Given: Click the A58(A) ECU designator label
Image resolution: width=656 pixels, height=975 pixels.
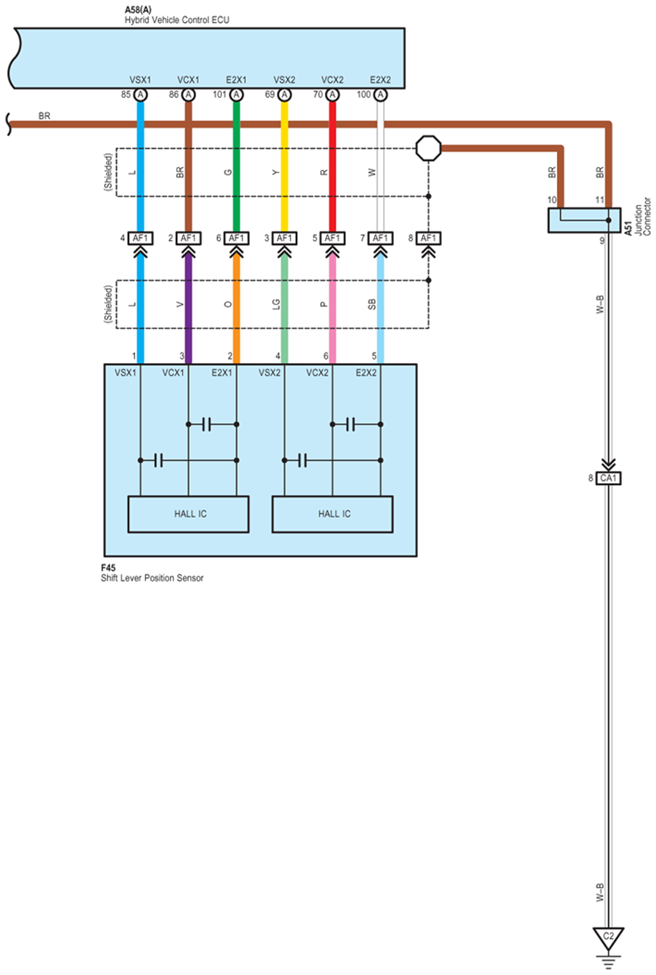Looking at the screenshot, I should (138, 10).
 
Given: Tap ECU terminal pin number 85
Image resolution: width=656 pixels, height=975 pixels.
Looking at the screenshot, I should (126, 94).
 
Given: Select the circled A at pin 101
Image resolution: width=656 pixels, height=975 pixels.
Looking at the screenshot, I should (237, 95).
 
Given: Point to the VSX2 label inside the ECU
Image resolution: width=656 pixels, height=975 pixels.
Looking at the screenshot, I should (284, 80).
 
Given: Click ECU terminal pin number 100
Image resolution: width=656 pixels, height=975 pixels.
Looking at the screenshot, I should (364, 94).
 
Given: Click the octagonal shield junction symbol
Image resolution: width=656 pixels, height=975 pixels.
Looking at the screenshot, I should (428, 148).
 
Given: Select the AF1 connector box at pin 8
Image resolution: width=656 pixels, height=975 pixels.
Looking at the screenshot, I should (428, 238).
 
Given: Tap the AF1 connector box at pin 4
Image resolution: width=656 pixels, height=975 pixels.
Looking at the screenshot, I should (140, 238).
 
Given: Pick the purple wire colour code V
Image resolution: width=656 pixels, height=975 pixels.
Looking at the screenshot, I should (180, 304).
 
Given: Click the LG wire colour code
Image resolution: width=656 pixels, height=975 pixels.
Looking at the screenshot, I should (276, 304).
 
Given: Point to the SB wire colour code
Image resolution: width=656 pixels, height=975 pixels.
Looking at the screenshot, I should (372, 304).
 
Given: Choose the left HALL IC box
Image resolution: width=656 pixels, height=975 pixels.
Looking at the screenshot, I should (188, 514).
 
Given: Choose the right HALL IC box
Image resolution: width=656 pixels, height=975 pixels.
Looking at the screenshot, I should (332, 514).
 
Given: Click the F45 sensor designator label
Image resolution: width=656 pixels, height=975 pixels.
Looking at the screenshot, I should (108, 568).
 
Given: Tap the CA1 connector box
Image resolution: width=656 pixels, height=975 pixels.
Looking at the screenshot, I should (608, 478).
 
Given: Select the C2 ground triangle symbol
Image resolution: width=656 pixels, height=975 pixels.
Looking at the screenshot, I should (608, 937).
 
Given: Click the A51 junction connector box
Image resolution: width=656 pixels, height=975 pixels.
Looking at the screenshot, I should (584, 220).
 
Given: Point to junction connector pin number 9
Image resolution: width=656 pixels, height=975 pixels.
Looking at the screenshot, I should (602, 241).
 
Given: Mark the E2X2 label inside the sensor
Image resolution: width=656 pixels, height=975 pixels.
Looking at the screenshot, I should (366, 373).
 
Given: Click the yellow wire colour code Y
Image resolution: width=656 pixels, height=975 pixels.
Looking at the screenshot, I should (276, 172).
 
